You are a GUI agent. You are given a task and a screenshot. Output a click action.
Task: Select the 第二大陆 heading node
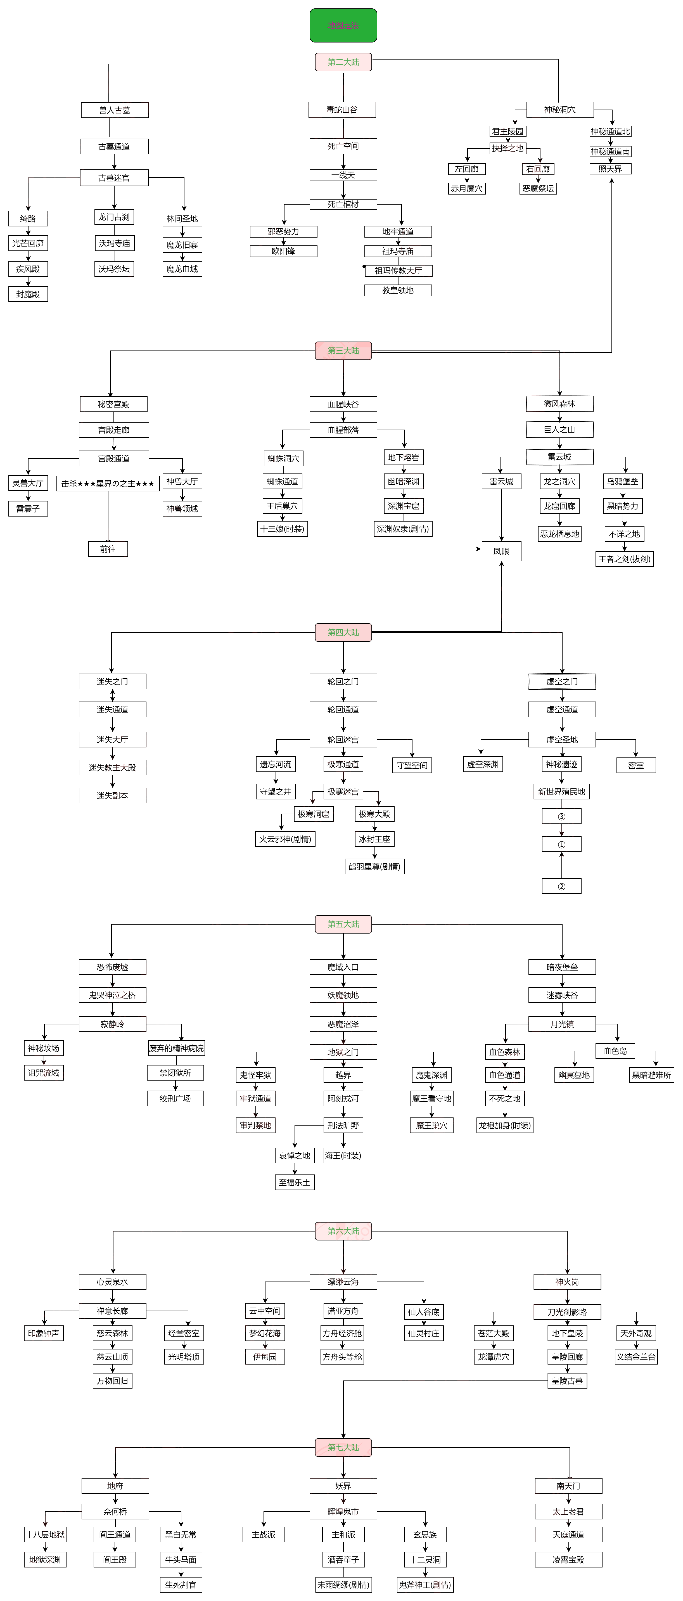point(343,62)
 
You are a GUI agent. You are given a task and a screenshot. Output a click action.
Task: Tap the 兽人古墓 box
point(114,110)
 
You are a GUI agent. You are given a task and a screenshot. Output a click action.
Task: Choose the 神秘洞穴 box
point(559,109)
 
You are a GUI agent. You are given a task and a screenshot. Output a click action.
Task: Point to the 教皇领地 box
point(398,290)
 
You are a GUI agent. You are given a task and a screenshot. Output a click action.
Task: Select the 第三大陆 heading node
point(343,350)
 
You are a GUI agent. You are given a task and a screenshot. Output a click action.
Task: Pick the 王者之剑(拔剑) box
point(624,559)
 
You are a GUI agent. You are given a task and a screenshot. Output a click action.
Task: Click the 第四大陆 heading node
point(343,632)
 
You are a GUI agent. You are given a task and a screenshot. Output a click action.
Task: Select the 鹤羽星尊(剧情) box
point(374,866)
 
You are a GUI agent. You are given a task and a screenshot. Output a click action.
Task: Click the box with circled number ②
point(561,886)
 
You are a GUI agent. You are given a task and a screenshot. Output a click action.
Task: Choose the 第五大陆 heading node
point(343,924)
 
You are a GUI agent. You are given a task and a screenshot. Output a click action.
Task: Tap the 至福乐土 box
point(295,1182)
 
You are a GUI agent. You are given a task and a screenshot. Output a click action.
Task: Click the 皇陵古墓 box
point(567,1381)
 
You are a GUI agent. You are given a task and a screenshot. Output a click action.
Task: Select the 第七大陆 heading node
point(343,1448)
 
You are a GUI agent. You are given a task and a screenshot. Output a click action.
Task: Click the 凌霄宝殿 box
point(568,1559)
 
